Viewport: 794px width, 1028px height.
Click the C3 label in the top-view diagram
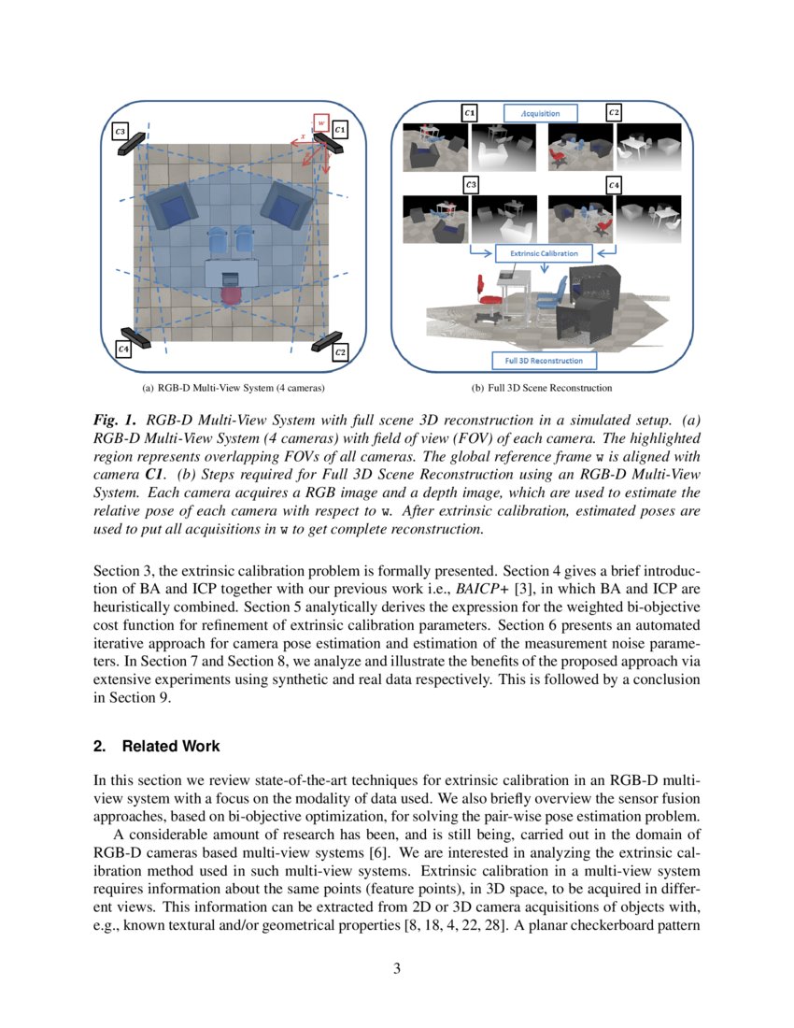tap(121, 132)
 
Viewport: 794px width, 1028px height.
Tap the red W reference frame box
tap(319, 121)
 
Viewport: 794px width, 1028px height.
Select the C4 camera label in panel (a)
tap(123, 349)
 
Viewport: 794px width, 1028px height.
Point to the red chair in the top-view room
tap(231, 296)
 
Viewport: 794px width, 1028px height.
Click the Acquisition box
tap(541, 113)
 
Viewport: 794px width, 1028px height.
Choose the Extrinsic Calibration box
tap(544, 252)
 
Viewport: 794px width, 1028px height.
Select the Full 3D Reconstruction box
tap(544, 360)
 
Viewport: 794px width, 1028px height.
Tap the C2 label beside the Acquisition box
tap(613, 113)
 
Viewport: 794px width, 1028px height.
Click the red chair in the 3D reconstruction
tap(484, 289)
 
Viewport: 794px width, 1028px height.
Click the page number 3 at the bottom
tap(397, 968)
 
